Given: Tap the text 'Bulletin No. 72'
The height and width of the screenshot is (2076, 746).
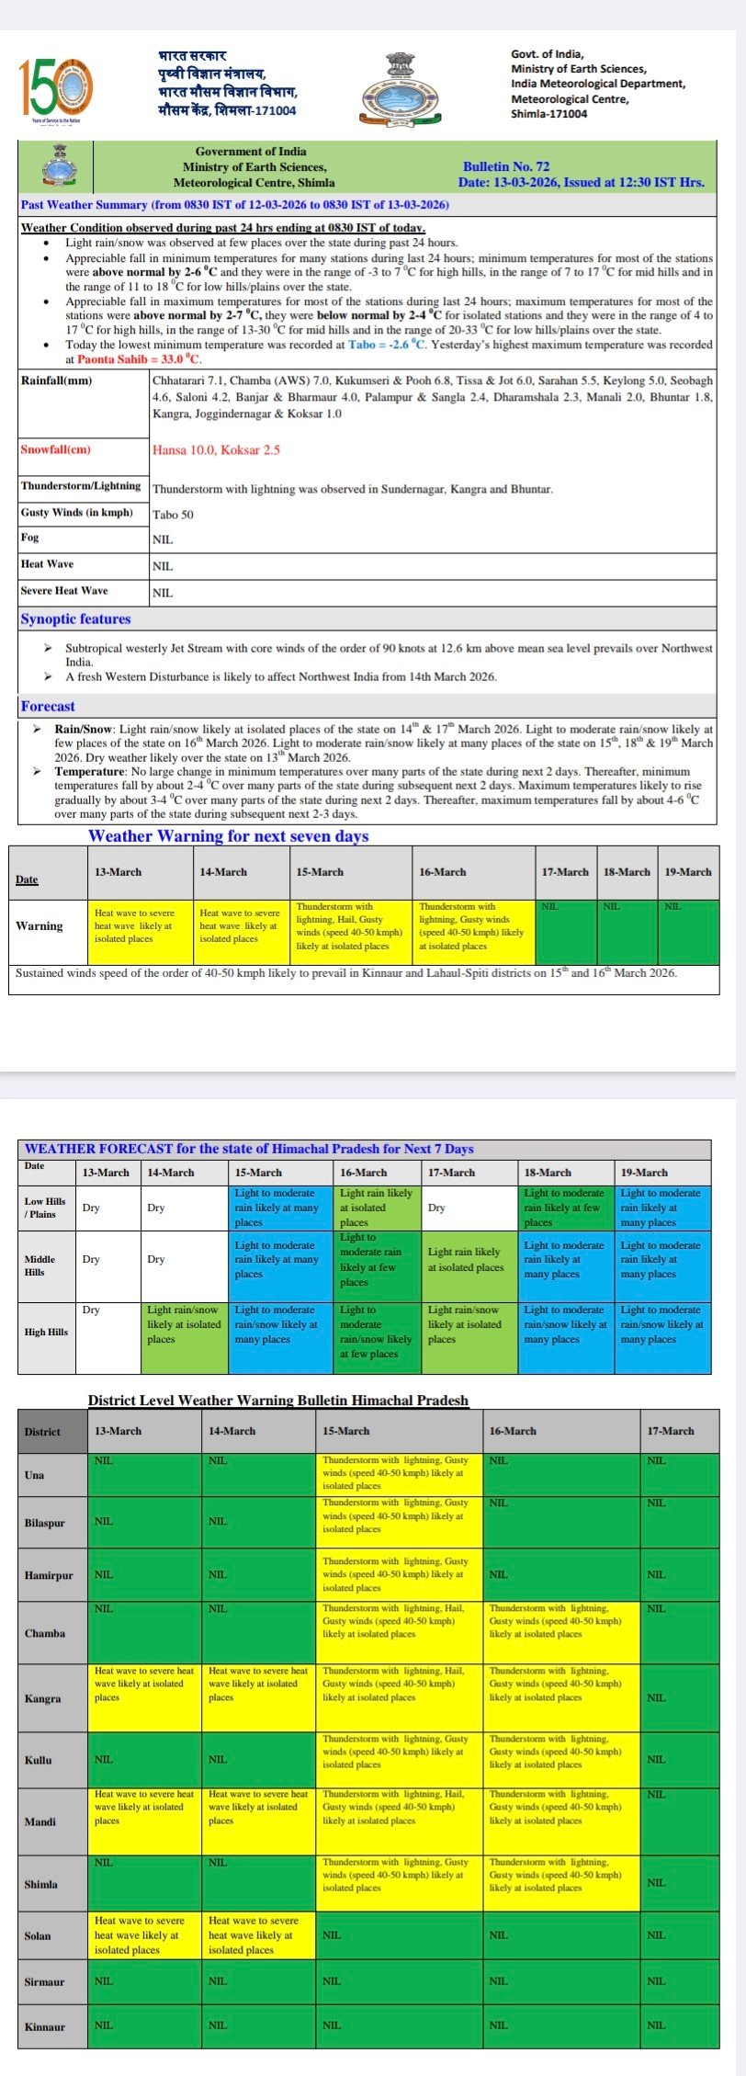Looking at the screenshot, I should pyautogui.click(x=506, y=166).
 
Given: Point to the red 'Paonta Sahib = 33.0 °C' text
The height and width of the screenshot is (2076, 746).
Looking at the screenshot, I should pyautogui.click(x=139, y=359).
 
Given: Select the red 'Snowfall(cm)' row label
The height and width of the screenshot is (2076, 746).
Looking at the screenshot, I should pyautogui.click(x=56, y=449).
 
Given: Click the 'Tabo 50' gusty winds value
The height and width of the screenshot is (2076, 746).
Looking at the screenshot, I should pyautogui.click(x=173, y=515).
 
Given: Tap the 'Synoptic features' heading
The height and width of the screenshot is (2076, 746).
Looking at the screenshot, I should pyautogui.click(x=75, y=619).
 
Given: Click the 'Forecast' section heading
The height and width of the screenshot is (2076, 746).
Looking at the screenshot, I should pyautogui.click(x=48, y=706).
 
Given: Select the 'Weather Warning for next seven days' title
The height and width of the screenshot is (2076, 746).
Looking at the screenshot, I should pyautogui.click(x=228, y=836).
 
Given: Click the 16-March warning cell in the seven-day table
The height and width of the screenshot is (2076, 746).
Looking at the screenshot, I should pyautogui.click(x=472, y=926).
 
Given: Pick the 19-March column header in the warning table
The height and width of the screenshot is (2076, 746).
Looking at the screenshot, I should pyautogui.click(x=687, y=872).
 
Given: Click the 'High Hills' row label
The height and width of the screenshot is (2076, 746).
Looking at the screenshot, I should pyautogui.click(x=46, y=1332).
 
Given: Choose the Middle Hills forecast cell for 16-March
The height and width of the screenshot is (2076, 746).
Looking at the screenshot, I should pyautogui.click(x=378, y=1265).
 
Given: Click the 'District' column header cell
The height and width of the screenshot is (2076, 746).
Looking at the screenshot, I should pyautogui.click(x=52, y=1431).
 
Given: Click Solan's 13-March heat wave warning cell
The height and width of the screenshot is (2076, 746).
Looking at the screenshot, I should pyautogui.click(x=144, y=1935).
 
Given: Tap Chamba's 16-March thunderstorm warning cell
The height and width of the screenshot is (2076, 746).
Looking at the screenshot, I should pyautogui.click(x=560, y=1633).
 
